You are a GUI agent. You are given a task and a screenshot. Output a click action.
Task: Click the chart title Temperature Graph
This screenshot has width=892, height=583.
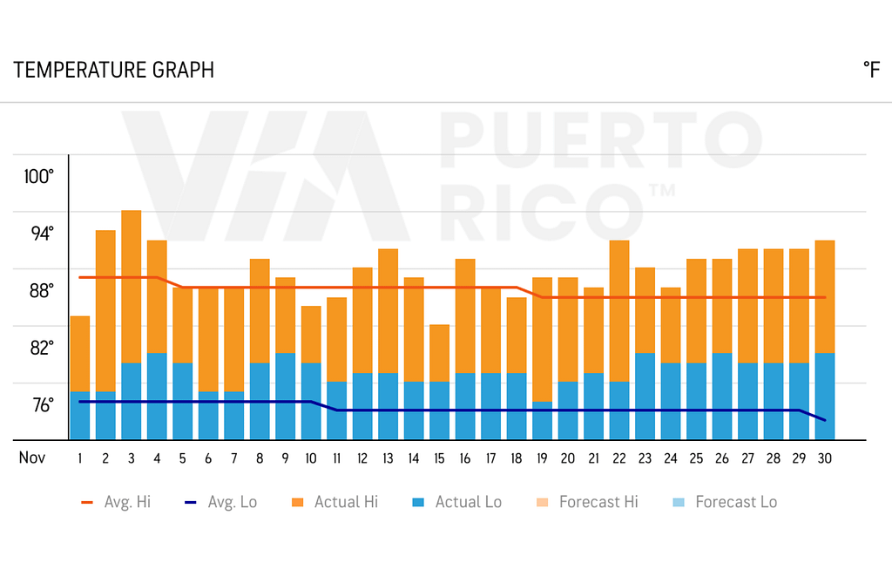(113, 71)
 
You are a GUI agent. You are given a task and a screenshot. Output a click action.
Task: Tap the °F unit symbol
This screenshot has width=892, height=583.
(870, 71)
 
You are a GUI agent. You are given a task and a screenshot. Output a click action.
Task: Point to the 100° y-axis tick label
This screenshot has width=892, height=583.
(39, 177)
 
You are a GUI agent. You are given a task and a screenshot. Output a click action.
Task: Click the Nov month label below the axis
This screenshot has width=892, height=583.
(32, 458)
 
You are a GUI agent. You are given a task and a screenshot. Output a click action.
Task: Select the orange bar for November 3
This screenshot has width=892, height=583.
(132, 286)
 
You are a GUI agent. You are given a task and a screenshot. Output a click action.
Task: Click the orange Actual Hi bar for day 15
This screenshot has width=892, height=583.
(440, 353)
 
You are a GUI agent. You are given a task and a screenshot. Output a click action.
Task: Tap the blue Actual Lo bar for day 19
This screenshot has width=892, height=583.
(543, 421)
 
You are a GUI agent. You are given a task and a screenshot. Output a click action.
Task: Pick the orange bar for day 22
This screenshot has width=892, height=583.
(619, 310)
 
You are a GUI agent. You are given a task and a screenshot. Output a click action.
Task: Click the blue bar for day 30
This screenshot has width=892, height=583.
(825, 397)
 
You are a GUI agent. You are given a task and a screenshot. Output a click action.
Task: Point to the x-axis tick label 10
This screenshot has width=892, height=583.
(311, 458)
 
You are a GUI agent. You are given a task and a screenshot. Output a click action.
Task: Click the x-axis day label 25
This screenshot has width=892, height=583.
(696, 458)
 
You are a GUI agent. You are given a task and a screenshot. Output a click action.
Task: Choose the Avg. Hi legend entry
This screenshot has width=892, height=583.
(116, 502)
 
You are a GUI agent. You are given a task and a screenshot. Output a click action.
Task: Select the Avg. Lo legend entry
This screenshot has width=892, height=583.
(221, 502)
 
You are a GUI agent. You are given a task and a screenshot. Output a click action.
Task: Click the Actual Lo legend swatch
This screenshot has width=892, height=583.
(418, 502)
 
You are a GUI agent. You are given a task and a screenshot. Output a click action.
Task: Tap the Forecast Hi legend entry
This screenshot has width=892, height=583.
(585, 502)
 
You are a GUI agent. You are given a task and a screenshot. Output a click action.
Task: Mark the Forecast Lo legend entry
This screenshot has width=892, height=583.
(725, 502)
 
